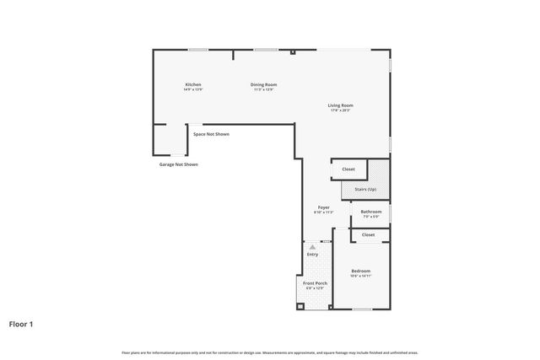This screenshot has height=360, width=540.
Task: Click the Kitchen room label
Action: pos(193,84)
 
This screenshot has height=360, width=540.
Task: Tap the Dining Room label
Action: pos(263,84)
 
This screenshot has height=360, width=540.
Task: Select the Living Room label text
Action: pos(339,105)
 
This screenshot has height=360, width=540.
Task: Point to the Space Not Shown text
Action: pos(211,134)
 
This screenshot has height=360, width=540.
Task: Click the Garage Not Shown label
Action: pos(179,164)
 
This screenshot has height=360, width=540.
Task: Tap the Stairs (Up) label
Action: pos(365,190)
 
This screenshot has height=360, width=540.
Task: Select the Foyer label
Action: pos(323,207)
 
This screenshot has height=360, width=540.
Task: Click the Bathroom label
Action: pos(371,212)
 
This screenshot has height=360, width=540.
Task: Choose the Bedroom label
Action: pos(360,271)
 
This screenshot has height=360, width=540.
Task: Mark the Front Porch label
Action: pos(315,283)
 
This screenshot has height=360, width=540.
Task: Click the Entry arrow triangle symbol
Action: pos(312,247)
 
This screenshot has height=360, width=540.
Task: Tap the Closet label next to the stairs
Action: pos(348,169)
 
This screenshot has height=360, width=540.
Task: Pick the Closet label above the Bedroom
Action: pos(368,234)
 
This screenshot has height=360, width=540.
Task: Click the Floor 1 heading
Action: pos(22,323)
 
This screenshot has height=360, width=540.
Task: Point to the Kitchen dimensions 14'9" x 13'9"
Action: pos(193,89)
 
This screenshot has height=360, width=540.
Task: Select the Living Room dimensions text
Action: pos(339,110)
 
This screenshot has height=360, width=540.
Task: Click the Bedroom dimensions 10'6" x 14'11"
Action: pos(360,276)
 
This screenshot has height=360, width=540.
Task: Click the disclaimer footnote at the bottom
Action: pos(270,352)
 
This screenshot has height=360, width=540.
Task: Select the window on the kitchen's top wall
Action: pos(198,50)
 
